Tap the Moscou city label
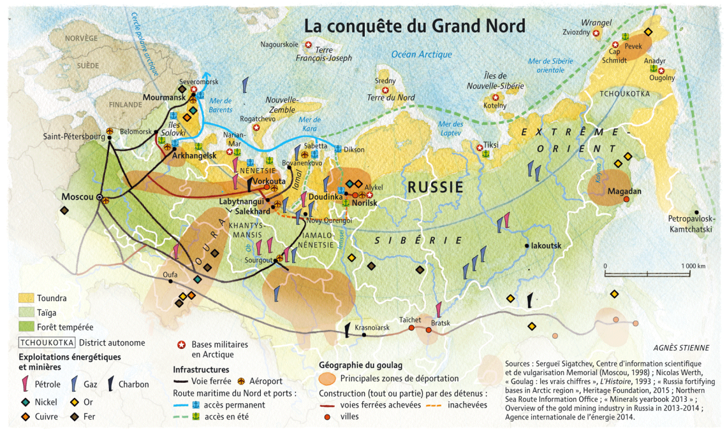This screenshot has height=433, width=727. tap(77, 197)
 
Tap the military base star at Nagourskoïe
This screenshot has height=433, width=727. tap(308, 45)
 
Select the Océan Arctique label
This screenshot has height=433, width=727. tap(422, 55)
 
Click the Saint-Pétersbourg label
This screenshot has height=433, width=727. tap(74, 136)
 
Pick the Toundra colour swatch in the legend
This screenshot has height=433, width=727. tap(26, 298)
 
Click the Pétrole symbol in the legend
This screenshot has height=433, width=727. tap(26, 383)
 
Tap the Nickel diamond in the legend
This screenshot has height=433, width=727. tap(26, 402)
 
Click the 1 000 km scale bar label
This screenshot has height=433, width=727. tap(692, 266)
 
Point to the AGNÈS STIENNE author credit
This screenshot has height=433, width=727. tap(681, 348)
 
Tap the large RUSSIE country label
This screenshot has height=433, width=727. tap(435, 187)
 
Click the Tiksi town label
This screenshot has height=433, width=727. tap(491, 145)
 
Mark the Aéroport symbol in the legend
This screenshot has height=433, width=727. tap(242, 381)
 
